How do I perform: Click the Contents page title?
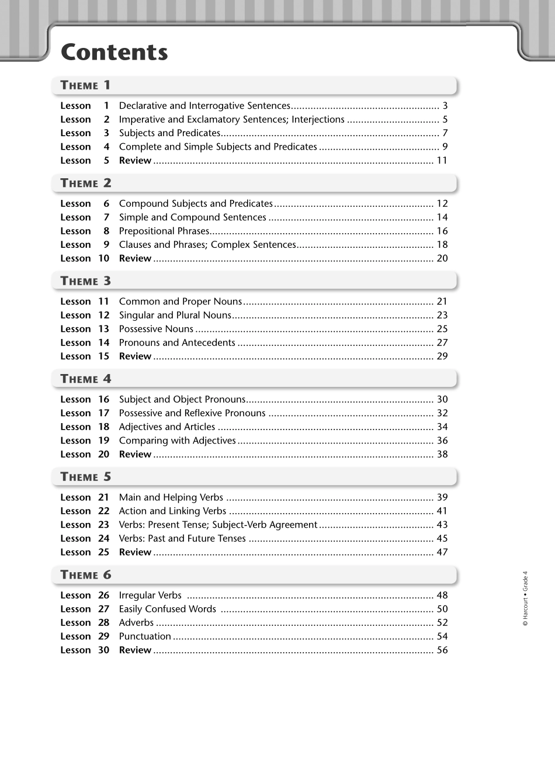114,53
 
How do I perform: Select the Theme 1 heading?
85,85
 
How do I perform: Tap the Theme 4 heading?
85,379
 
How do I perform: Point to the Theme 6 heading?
85,574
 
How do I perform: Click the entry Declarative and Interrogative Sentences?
204,106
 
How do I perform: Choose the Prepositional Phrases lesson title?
164,231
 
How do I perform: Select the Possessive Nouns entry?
156,329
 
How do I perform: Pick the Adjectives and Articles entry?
167,427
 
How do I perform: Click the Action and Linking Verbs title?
172,511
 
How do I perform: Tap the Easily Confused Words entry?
168,609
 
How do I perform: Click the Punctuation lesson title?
145,636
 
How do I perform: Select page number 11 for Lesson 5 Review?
442,161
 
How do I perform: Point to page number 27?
442,342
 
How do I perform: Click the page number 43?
442,525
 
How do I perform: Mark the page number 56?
442,650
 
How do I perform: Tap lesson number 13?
103,329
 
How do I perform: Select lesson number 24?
103,538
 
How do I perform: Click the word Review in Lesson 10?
135,258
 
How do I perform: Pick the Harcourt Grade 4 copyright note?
525,598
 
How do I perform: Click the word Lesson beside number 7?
75,217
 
